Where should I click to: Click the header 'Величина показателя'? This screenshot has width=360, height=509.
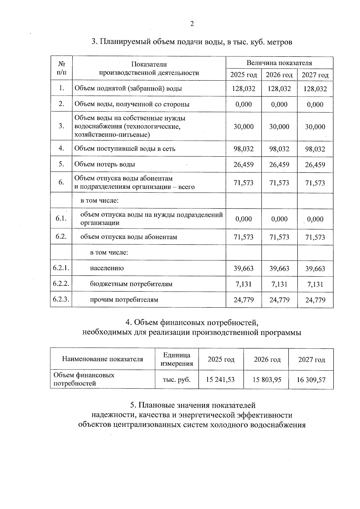(279, 63)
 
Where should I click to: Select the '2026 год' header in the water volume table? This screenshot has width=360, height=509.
(279, 75)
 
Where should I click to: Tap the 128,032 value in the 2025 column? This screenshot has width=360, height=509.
(244, 89)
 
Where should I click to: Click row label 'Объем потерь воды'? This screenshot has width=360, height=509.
(105, 164)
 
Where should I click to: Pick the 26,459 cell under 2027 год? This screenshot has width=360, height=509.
(315, 165)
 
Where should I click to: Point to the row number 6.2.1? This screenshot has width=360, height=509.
(61, 268)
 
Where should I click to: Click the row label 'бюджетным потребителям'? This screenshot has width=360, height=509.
(131, 284)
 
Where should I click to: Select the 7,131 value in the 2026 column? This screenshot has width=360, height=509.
(279, 284)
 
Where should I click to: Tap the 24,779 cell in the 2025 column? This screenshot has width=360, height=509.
(244, 300)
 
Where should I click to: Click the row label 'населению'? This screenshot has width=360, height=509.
(107, 268)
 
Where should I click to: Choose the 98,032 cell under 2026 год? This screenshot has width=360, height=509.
(279, 149)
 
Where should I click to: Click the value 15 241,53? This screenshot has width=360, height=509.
(220, 380)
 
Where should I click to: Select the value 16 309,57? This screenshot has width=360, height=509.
(311, 380)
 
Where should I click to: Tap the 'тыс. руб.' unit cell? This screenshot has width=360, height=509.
(177, 380)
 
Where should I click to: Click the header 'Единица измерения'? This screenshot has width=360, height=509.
(177, 359)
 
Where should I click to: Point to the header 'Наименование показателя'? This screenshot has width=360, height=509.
(102, 359)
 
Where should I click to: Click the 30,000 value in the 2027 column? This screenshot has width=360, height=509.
(315, 127)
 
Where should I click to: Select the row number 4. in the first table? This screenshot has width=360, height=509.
(61, 148)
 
